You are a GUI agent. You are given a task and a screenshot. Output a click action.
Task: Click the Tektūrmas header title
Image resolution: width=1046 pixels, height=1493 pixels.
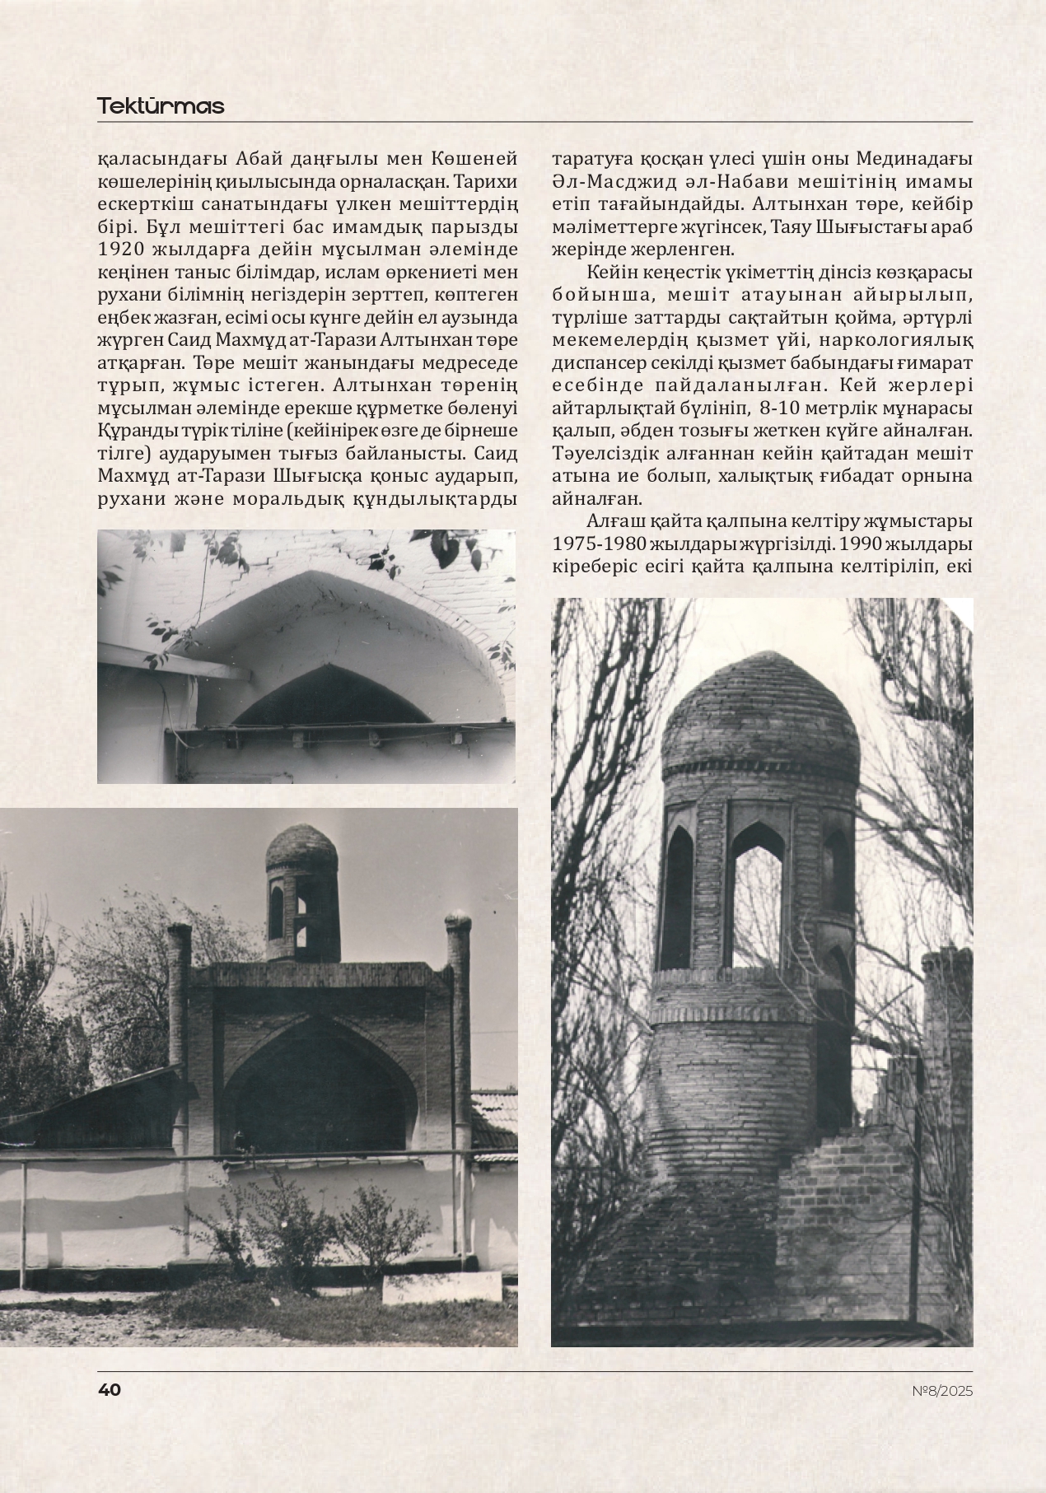pos(161,106)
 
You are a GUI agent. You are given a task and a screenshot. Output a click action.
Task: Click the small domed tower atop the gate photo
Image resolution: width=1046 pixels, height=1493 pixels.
pos(301,893)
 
